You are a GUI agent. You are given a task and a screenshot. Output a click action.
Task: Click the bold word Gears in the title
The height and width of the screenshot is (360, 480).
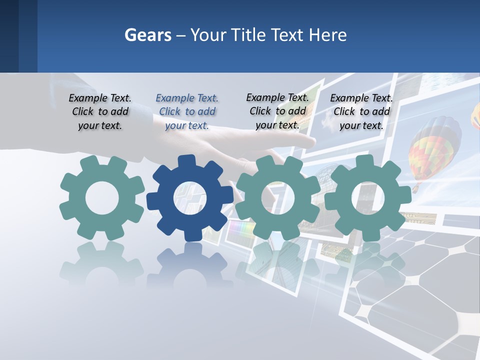[x=147, y=35]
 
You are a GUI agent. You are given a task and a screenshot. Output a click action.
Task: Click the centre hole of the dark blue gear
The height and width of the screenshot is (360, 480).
[x=190, y=198]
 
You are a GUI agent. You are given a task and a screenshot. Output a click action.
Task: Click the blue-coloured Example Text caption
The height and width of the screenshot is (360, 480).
[x=187, y=112]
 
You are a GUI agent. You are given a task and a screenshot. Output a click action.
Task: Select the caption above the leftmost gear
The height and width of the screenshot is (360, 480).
[x=100, y=112]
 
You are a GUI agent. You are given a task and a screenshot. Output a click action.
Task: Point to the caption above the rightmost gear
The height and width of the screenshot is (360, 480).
[x=361, y=112]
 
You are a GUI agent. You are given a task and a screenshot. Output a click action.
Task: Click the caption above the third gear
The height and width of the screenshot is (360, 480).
[x=277, y=111]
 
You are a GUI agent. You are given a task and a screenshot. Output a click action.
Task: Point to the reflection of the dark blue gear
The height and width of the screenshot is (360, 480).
[x=190, y=265]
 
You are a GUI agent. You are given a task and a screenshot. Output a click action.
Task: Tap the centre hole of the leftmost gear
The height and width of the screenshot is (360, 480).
[x=102, y=198]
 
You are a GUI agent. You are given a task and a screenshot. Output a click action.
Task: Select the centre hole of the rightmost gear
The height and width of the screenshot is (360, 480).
[x=367, y=198]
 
